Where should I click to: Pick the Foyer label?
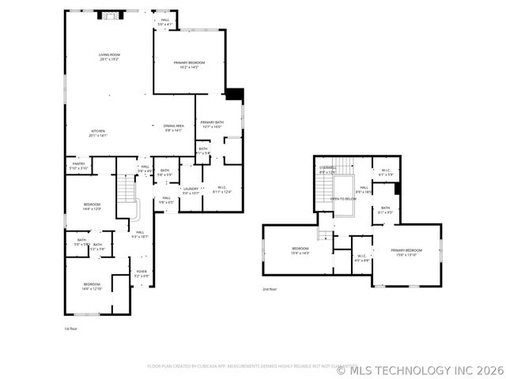142,273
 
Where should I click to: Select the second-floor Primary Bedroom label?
406,252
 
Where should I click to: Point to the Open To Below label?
343,199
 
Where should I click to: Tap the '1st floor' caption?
71,328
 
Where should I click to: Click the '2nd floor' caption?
270,289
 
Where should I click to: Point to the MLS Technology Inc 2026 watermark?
420,369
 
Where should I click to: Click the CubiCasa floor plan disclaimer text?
241,366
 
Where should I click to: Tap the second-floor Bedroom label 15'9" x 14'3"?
300,251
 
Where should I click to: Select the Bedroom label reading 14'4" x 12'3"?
93,207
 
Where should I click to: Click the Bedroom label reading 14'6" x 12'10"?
93,286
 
